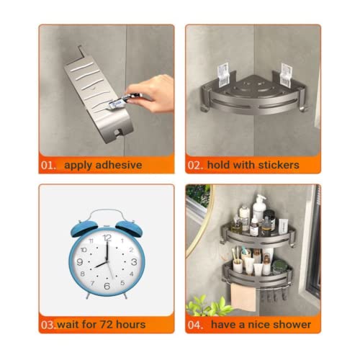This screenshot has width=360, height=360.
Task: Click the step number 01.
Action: pos(48,166)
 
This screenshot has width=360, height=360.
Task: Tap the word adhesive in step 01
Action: pos(119,165)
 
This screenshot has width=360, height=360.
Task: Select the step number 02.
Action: pos(195,166)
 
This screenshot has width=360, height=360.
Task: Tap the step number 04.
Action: pos(195,325)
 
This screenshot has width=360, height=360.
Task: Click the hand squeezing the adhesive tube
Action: pos(152,93)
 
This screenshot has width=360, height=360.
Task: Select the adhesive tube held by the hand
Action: pos(123,100)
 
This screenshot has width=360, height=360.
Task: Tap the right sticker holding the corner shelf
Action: pos(287,76)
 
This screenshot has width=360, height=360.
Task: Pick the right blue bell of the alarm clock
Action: pos(129,228)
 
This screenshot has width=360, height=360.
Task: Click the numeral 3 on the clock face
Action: pos(134,261)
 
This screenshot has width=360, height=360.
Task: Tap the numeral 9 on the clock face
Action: pos(80,261)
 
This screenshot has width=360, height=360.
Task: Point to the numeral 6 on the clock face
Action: pos(107,286)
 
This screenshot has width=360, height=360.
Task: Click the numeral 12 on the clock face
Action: pos(107,238)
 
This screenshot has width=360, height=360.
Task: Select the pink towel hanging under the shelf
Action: pos(243,297)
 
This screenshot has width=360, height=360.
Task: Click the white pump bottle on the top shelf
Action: pos(258,210)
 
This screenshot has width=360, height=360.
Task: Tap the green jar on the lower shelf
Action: pos(279,267)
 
